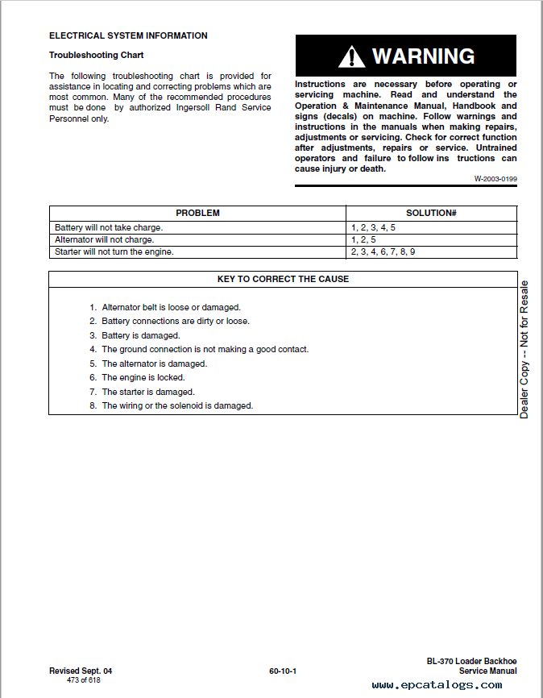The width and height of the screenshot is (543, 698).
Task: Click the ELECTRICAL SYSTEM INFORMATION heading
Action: (x=128, y=35)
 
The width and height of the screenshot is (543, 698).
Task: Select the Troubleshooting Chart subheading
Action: (x=96, y=55)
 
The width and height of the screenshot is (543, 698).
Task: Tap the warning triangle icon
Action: (x=351, y=56)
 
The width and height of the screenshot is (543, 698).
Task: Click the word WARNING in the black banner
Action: (x=423, y=56)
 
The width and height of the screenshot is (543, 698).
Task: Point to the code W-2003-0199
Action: (x=495, y=179)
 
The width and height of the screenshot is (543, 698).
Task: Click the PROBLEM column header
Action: (x=197, y=213)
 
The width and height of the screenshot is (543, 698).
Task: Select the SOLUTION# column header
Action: (x=431, y=213)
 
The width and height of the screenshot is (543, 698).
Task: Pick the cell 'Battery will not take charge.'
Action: (x=108, y=227)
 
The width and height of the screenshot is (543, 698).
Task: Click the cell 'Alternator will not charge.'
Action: (x=104, y=239)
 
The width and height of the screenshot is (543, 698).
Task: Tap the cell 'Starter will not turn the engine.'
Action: (x=114, y=251)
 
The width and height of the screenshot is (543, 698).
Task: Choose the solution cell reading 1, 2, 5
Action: (x=363, y=239)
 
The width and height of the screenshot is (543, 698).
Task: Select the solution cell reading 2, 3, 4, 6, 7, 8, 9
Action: (x=383, y=251)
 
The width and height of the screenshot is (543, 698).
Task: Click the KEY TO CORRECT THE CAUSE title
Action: (x=283, y=279)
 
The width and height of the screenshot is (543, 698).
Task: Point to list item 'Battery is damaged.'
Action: (x=140, y=335)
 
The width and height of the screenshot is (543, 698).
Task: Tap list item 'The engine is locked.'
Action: (x=143, y=377)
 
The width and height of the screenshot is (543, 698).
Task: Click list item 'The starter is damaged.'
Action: (x=147, y=392)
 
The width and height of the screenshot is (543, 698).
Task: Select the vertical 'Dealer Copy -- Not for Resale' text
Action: (x=524, y=349)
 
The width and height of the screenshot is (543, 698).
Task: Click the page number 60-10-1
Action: (x=283, y=671)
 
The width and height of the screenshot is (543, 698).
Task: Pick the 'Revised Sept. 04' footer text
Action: (x=81, y=671)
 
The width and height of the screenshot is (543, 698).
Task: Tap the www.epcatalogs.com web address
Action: (x=437, y=685)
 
